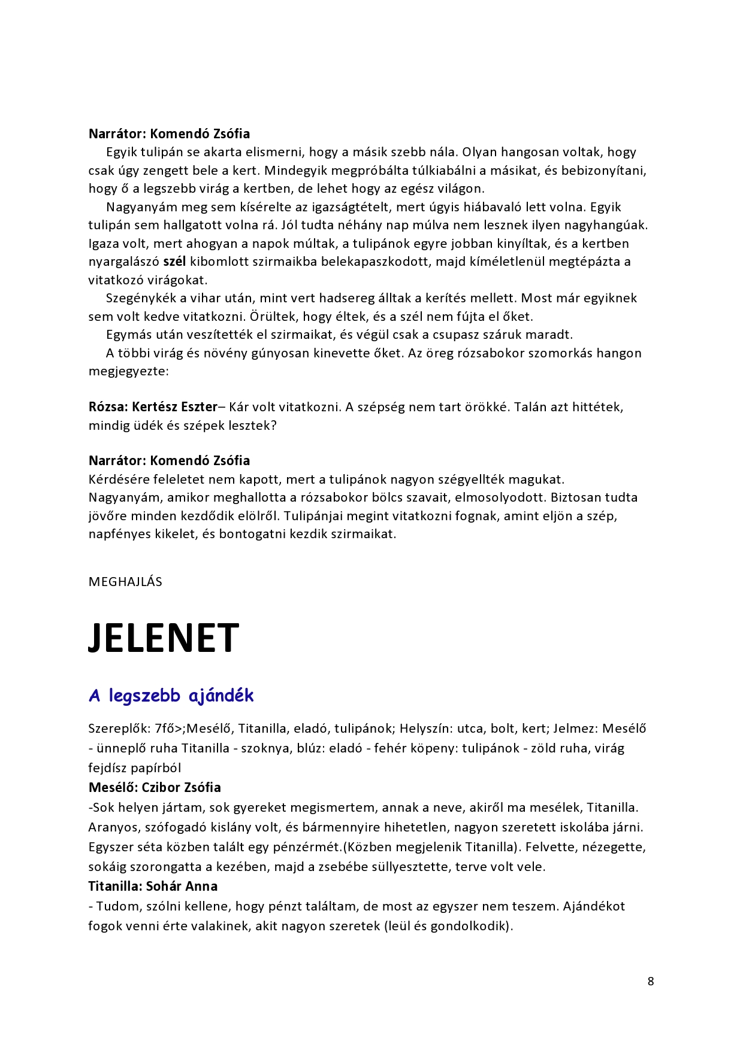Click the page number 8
(651, 981)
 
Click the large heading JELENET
(164, 638)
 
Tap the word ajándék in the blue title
(221, 696)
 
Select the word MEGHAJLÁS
(125, 582)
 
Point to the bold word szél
(174, 262)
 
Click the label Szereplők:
(120, 729)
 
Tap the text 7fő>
(168, 729)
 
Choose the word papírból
(156, 768)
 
